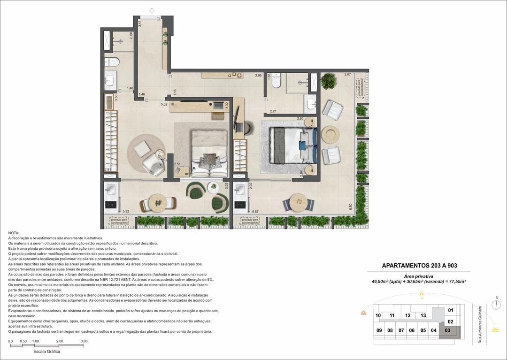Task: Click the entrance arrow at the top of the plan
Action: click(152, 11)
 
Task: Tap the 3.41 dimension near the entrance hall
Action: click(139, 23)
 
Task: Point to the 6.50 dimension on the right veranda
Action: click(351, 206)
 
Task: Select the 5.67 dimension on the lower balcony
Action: click(255, 212)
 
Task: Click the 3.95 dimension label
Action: click(258, 76)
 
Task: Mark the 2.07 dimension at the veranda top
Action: click(347, 75)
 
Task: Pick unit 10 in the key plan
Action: click(378, 315)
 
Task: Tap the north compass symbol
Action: click(496, 304)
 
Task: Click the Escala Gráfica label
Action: click(46, 351)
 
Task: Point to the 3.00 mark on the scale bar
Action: click(84, 341)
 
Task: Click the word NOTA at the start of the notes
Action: click(14, 233)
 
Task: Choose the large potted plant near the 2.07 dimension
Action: click(329, 81)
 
